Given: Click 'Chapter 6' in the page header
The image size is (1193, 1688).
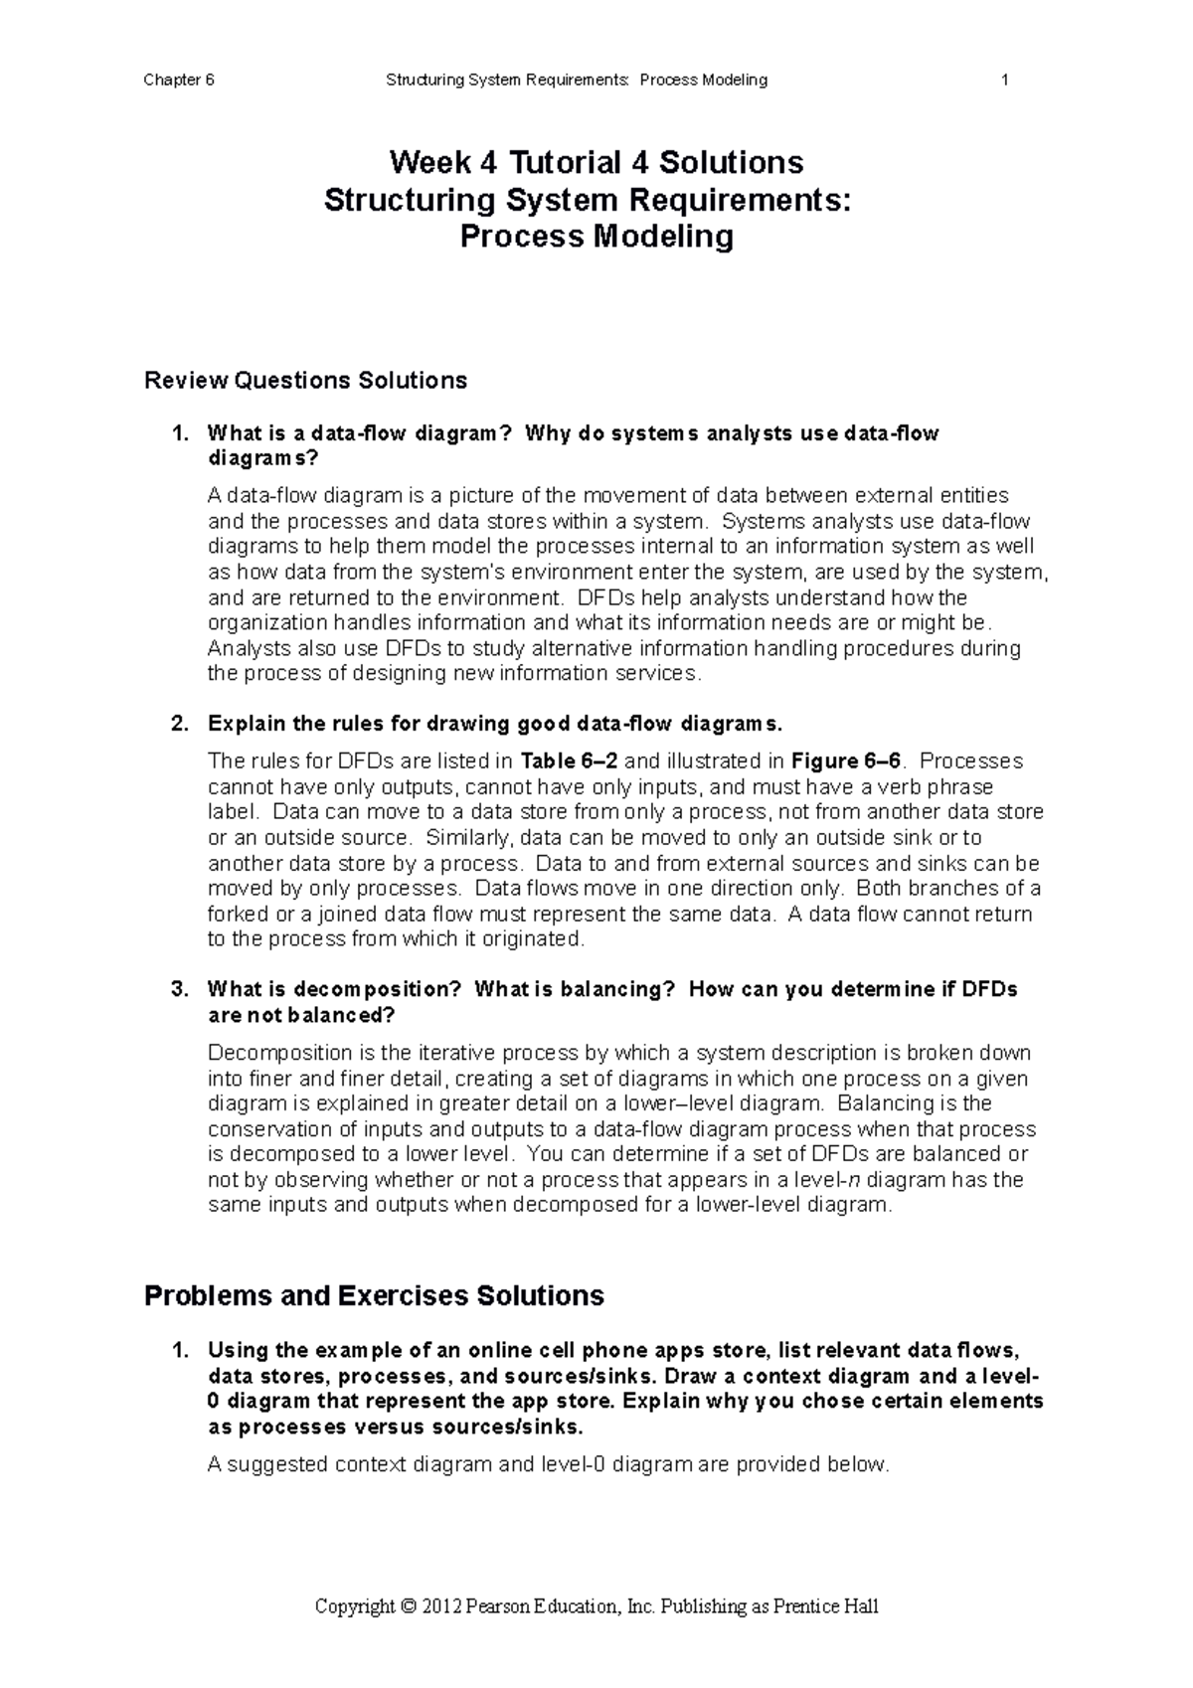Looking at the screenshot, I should [179, 81].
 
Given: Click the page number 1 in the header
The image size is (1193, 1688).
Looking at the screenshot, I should [1005, 81].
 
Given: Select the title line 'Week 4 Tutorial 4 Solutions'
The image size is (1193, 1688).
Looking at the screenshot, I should [596, 162].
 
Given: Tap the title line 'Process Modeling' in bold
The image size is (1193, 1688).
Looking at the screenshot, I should [596, 238].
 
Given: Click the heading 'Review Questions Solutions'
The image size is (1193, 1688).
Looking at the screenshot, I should [305, 381].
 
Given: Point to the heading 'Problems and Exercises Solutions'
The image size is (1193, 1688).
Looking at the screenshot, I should [374, 1296].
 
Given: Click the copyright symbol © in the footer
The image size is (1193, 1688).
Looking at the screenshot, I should [408, 1607].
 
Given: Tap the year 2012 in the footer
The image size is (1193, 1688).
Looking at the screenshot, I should [441, 1607].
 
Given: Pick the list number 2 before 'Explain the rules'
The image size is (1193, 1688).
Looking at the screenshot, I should [178, 723].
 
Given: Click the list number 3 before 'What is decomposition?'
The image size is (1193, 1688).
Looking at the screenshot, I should [178, 990].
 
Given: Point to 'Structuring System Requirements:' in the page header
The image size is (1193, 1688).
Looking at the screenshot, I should [508, 81].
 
